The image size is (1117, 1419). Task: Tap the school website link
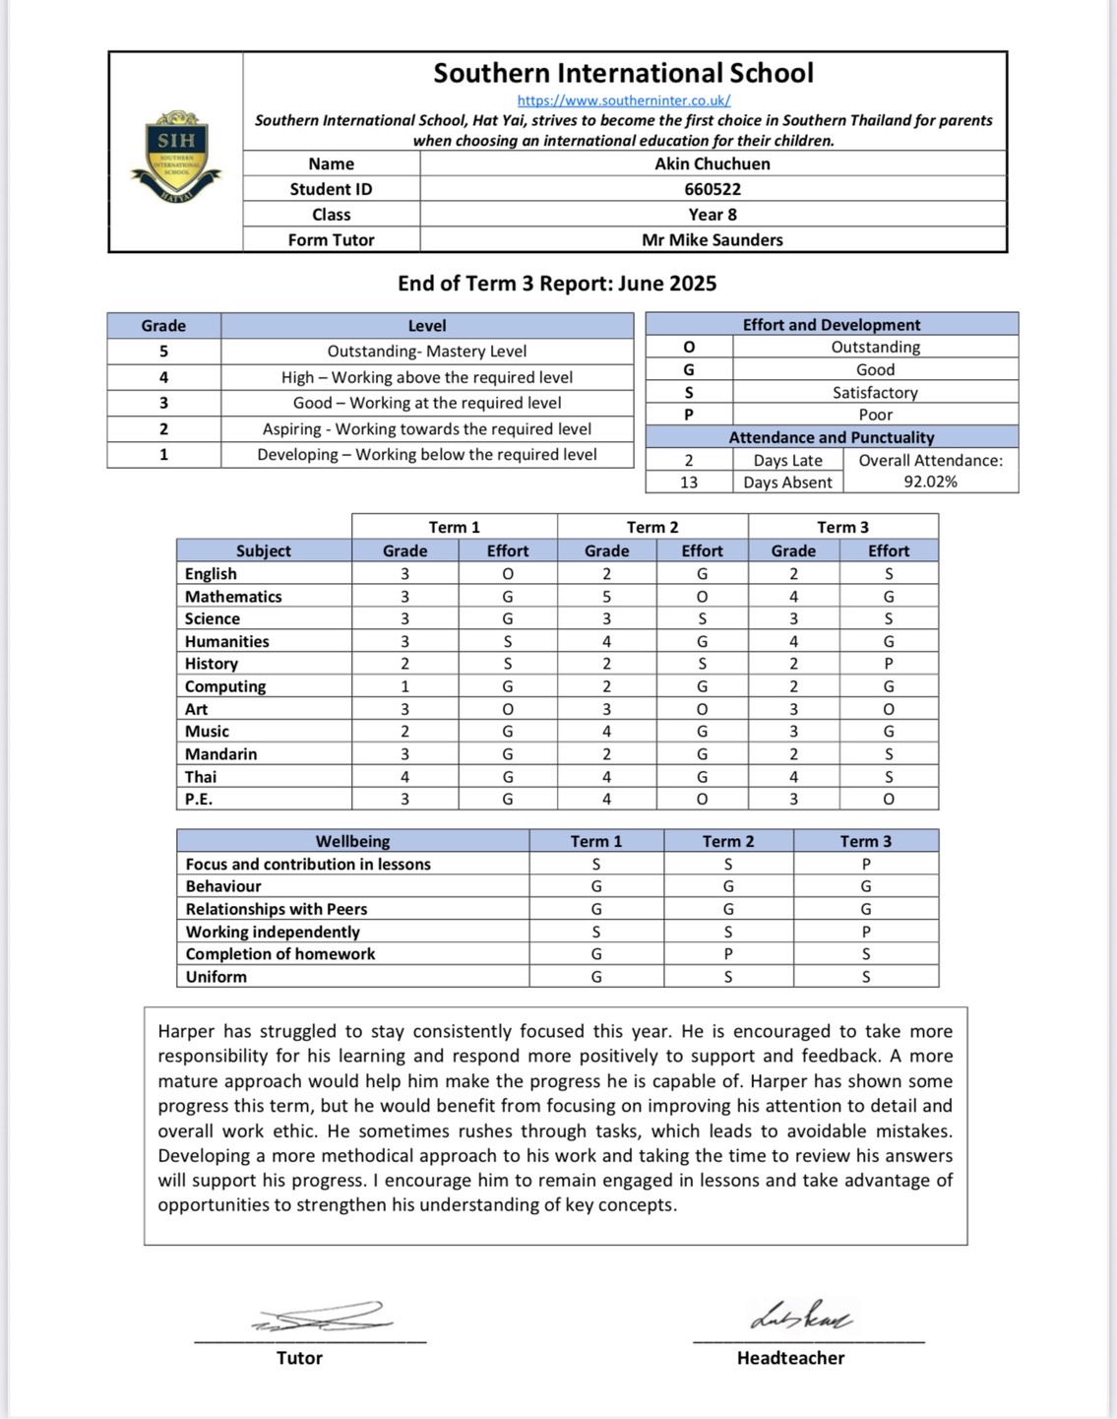tap(624, 100)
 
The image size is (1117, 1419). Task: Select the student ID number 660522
tap(713, 189)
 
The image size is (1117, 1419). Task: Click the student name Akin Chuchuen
tap(713, 164)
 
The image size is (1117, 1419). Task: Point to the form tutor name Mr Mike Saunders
tap(713, 240)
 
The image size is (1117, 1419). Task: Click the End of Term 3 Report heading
tap(557, 284)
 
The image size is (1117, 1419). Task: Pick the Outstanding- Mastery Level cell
tap(426, 352)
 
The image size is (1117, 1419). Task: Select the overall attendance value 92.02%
tap(930, 483)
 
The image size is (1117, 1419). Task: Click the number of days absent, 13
tap(689, 483)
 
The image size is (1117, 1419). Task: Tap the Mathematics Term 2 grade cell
tap(606, 597)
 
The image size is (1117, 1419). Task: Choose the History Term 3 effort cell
tap(888, 665)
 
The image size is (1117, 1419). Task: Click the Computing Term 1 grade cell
tap(404, 687)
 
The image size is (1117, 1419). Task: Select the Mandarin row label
tap(221, 754)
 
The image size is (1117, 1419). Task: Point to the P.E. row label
tap(199, 800)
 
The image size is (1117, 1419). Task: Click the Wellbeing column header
tap(352, 842)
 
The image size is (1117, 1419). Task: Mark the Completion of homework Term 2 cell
tap(728, 954)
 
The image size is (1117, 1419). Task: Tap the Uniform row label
tap(217, 977)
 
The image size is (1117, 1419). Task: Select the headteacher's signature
tap(800, 1316)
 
